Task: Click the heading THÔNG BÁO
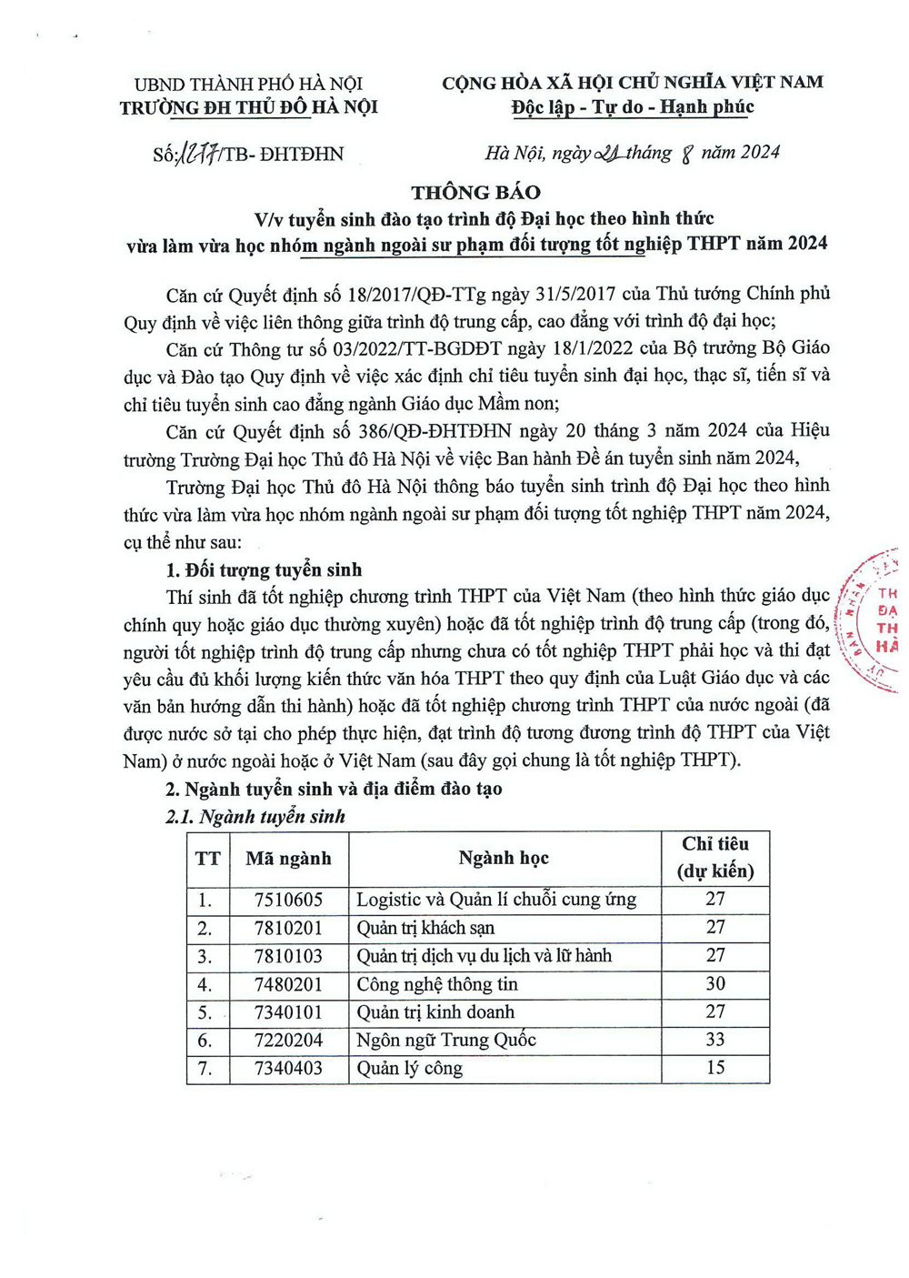(475, 192)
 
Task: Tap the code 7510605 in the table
(288, 900)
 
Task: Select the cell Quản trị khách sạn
(425, 928)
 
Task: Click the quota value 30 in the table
(715, 983)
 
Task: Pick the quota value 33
(715, 1040)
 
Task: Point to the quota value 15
(715, 1067)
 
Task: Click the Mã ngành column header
(288, 858)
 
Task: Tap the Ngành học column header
(504, 858)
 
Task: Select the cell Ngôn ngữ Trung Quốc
(446, 1040)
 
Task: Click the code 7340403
(288, 1068)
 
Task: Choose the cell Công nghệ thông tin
(437, 984)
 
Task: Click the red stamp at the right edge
(873, 619)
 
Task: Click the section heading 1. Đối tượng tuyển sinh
(264, 569)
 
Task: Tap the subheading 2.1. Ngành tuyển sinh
(255, 816)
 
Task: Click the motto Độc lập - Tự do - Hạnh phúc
(633, 107)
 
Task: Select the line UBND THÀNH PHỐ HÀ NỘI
(248, 85)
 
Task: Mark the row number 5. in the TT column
(205, 1012)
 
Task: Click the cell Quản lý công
(409, 1068)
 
